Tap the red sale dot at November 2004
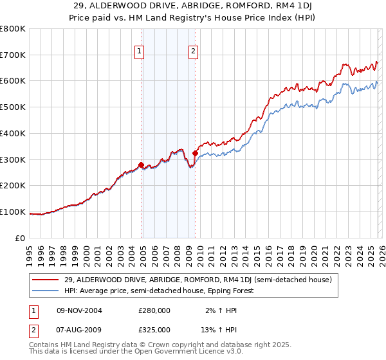click(x=141, y=165)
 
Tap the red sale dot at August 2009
click(x=195, y=153)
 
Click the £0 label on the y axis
click(x=21, y=238)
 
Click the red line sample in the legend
click(x=46, y=280)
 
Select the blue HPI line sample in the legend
click(x=46, y=291)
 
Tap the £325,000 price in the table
click(x=154, y=329)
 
